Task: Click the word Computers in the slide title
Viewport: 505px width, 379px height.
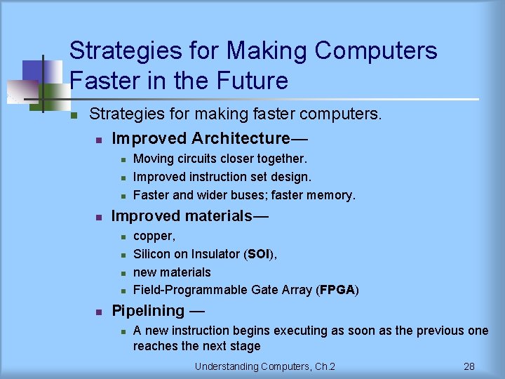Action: tap(376, 51)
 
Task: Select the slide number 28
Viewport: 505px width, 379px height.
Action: tap(469, 366)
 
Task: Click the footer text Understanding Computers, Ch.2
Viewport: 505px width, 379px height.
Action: tap(265, 366)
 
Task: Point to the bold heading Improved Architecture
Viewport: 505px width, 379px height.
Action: tap(201, 138)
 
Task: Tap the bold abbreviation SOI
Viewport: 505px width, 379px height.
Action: tap(260, 254)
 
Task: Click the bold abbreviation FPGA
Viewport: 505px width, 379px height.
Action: tap(337, 290)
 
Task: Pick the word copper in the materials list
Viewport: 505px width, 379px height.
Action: tap(154, 237)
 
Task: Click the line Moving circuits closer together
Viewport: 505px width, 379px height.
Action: tap(220, 159)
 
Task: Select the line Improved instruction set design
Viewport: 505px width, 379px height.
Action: tap(222, 177)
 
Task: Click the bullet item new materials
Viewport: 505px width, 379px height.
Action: tap(172, 272)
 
